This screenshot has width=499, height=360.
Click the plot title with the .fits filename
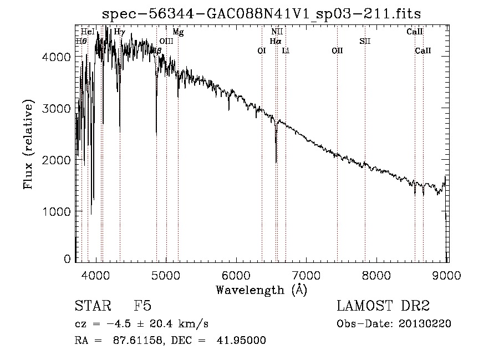(x=262, y=14)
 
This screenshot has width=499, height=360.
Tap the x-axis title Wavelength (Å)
(x=261, y=290)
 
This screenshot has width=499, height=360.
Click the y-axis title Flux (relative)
(x=28, y=144)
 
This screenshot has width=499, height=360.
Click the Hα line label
(x=276, y=41)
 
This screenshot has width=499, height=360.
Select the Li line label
(x=286, y=50)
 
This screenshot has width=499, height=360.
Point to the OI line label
(x=262, y=50)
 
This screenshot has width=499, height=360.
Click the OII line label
(x=337, y=50)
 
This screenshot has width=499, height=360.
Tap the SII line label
(x=364, y=41)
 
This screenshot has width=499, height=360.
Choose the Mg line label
(x=178, y=32)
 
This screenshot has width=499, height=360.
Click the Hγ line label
(x=119, y=32)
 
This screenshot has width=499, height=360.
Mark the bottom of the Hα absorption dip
(x=276, y=162)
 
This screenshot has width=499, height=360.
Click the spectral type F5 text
(x=143, y=307)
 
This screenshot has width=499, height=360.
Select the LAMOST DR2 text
(x=383, y=307)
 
